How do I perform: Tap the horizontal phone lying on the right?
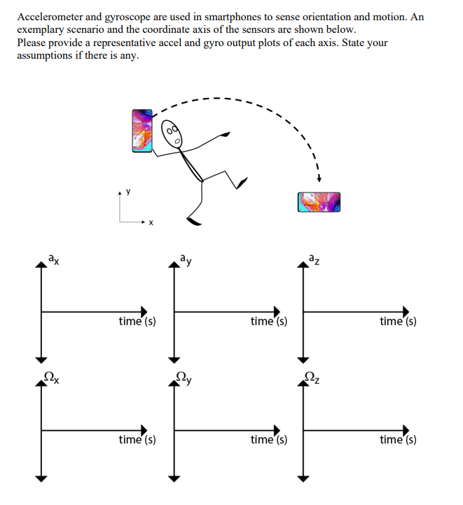pos(319,202)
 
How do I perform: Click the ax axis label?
pos(54,260)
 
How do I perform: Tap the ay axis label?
pos(185,260)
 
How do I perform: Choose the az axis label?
pos(315,260)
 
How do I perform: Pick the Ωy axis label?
pos(184,379)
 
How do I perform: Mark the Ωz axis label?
pos(313,379)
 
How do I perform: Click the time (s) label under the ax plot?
pos(137,322)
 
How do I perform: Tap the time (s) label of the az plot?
pos(398,322)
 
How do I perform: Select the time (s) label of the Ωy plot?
pos(268,440)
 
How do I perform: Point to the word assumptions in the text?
pos(47,55)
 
